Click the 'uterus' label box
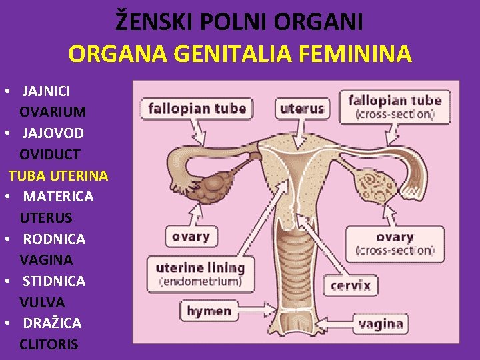(302, 108)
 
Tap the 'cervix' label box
(351, 285)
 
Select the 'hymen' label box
(209, 311)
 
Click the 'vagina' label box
(380, 324)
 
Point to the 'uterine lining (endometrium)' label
(200, 274)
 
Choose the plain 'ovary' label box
(191, 236)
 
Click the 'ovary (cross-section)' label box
(395, 243)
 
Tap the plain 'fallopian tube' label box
(197, 108)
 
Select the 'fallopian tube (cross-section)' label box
(395, 107)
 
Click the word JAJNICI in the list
(47, 90)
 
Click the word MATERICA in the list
(58, 197)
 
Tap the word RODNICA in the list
(54, 239)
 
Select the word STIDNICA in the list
(54, 281)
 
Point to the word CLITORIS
(49, 345)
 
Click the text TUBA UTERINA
(58, 175)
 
